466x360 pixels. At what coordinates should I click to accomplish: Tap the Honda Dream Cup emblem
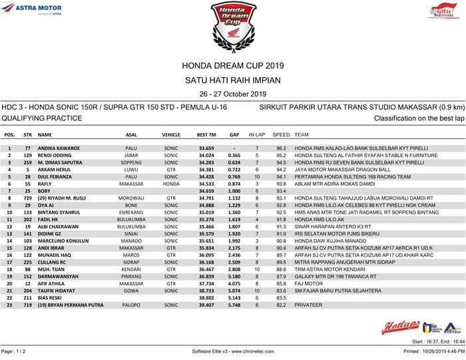pos(232,25)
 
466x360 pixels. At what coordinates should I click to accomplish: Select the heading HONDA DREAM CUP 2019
pos(232,66)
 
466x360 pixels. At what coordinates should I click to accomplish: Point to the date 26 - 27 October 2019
pos(232,94)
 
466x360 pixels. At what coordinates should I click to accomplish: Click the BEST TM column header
pos(206,134)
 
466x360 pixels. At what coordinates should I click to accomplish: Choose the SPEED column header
pos(281,134)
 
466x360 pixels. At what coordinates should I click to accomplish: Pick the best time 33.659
pos(206,148)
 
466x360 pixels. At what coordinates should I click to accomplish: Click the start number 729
pos(27,198)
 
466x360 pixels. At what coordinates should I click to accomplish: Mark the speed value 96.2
pos(281,148)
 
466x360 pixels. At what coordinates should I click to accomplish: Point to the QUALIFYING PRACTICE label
pos(41,118)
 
